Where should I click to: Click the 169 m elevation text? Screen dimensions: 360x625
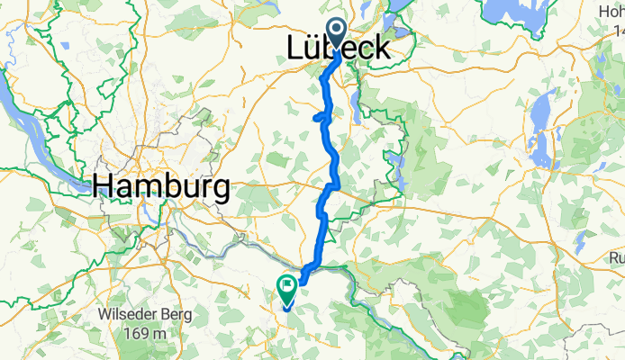pos(146,333)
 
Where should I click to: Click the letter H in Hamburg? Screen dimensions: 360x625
pos(104,186)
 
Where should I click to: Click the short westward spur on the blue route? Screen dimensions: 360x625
pos(317,117)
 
